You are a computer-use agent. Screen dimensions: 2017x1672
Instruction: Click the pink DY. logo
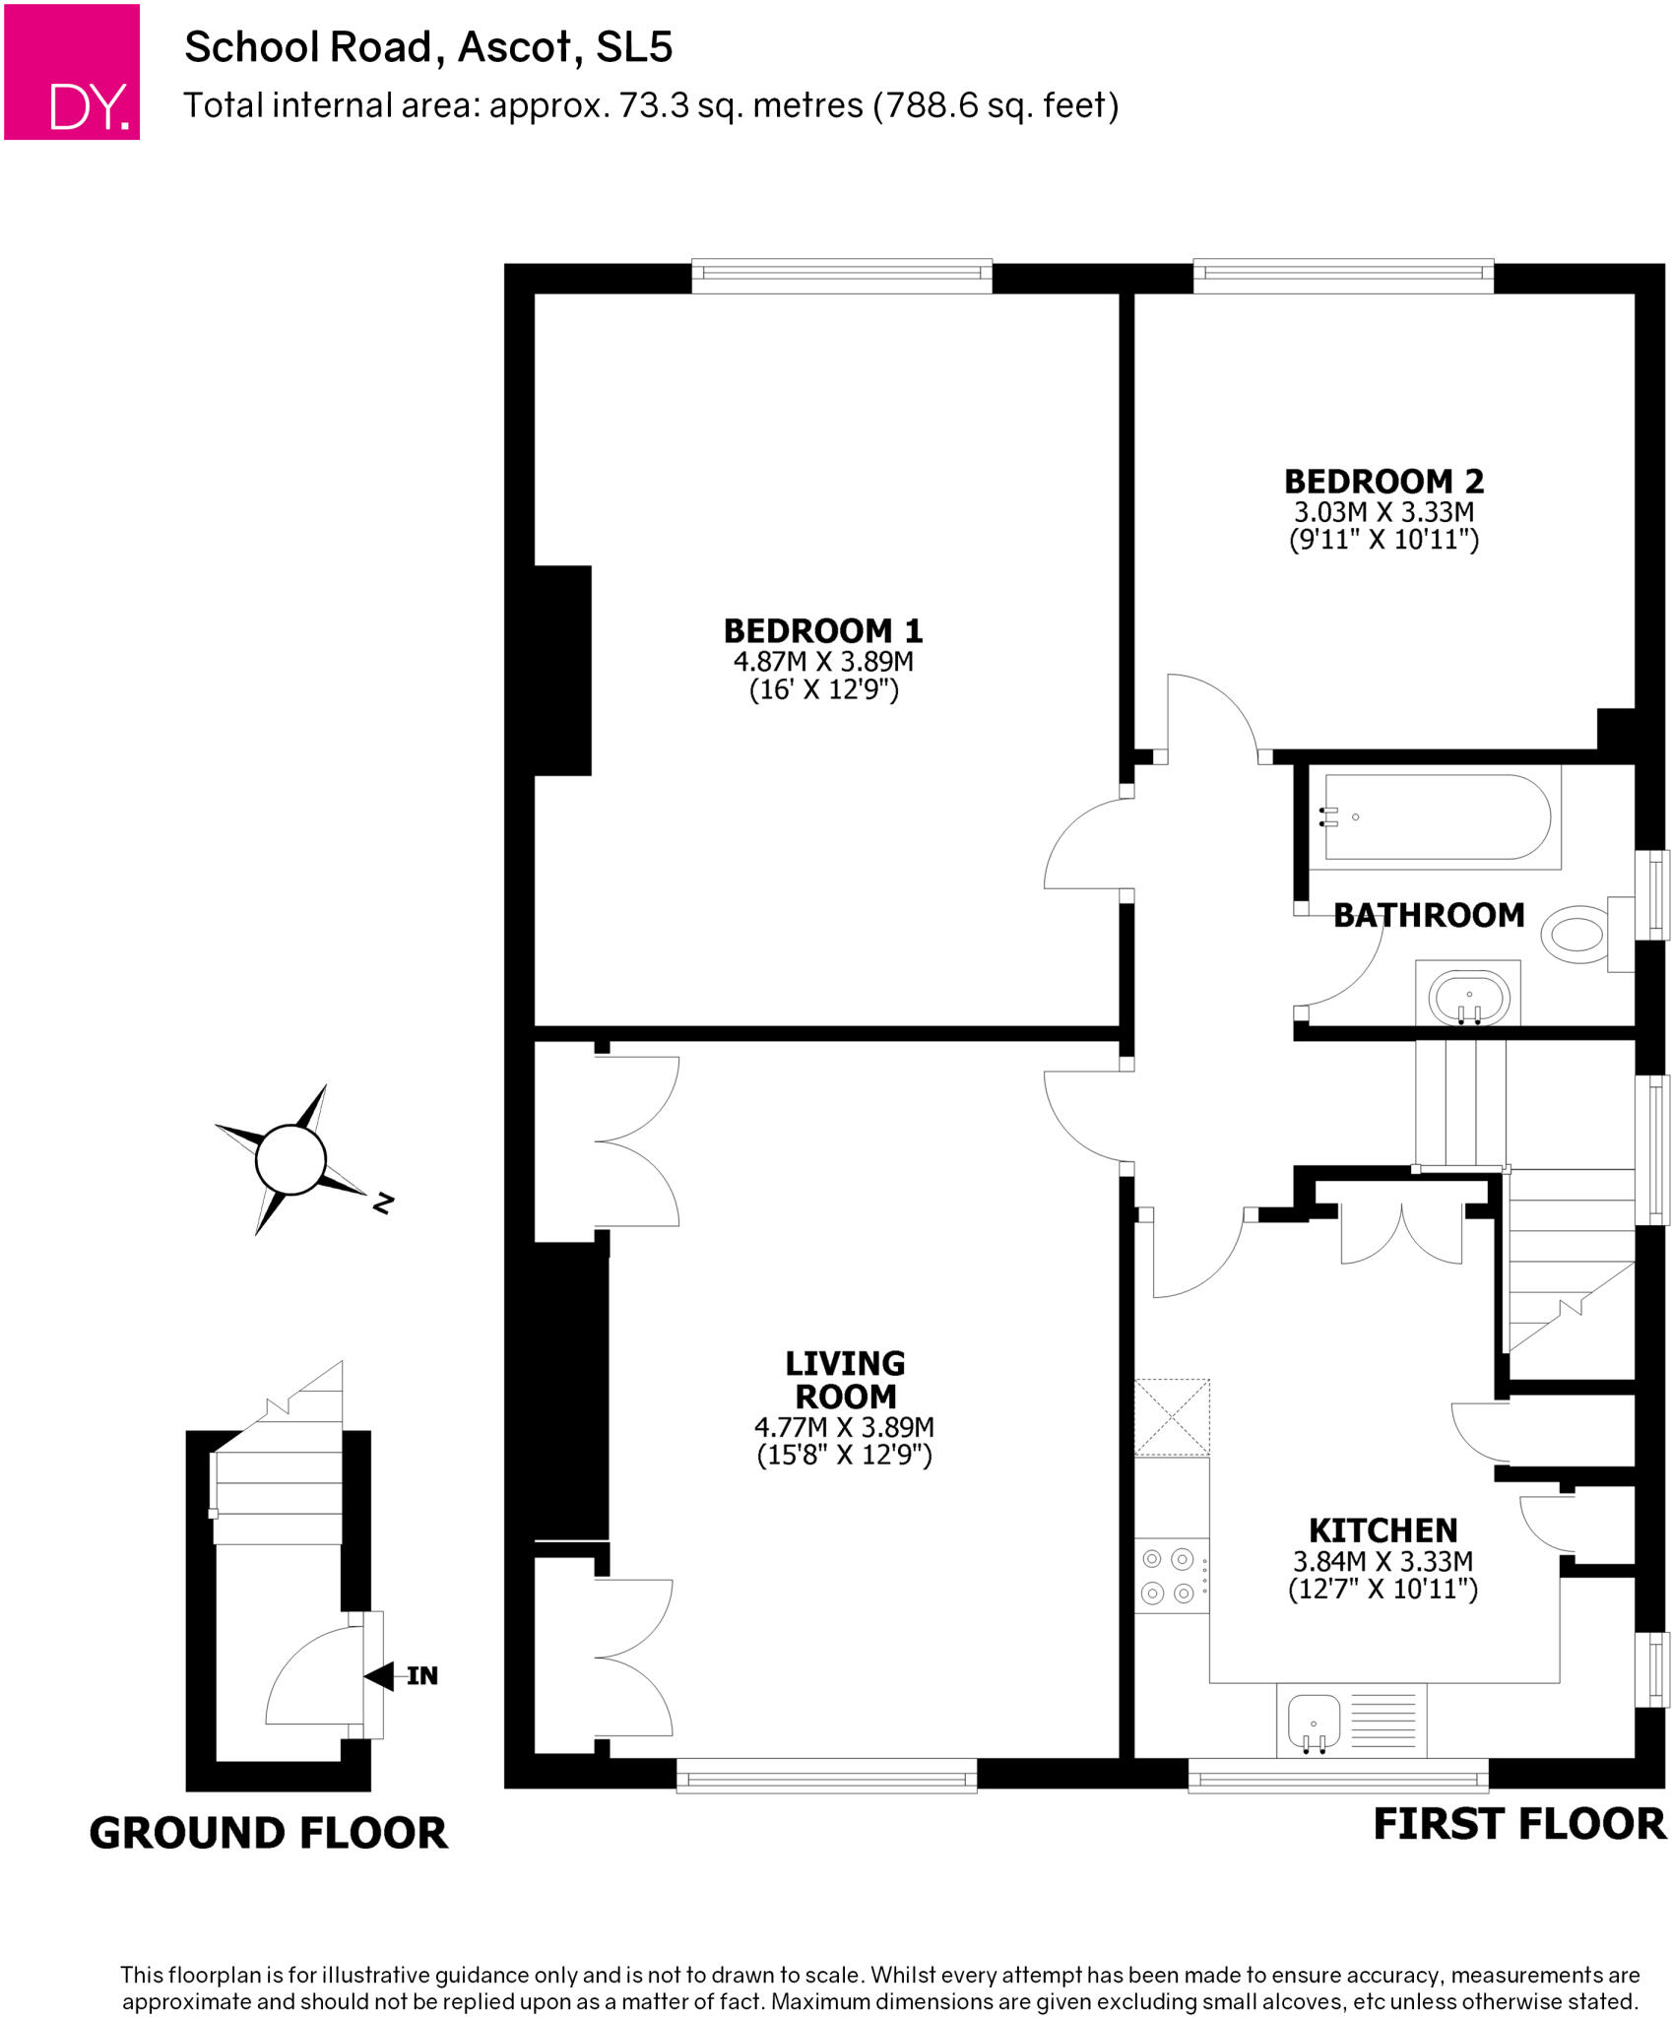click(72, 72)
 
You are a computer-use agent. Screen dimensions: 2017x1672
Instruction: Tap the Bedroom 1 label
click(822, 630)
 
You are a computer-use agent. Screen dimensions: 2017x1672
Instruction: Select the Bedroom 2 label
click(1383, 482)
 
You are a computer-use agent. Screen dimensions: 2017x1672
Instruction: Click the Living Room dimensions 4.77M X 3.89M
click(844, 1427)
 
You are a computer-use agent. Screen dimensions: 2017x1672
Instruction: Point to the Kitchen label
click(1383, 1530)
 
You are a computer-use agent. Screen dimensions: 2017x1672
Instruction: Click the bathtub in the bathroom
click(1437, 817)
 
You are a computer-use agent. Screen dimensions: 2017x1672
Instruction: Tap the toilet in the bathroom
click(1578, 934)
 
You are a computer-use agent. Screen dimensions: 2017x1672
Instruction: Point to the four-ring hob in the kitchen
click(1170, 1577)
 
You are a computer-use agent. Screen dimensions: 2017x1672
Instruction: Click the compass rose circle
click(290, 1159)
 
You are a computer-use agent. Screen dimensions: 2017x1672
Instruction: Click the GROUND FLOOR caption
click(268, 1834)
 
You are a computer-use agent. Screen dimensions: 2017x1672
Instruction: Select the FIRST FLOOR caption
click(1518, 1824)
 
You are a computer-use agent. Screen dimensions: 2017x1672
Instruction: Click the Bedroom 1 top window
click(842, 277)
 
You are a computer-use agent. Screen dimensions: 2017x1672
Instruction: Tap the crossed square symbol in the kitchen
click(1172, 1417)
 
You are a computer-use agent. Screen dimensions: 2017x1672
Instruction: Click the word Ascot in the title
click(514, 47)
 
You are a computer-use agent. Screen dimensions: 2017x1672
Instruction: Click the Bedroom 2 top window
click(1343, 277)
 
